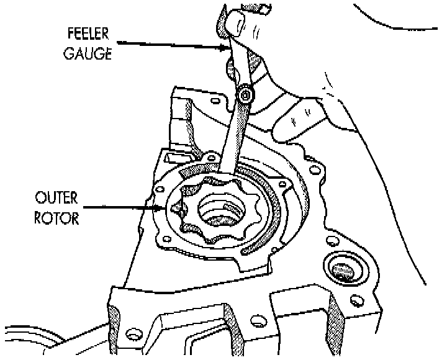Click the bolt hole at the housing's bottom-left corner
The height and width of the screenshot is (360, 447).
(131, 335)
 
